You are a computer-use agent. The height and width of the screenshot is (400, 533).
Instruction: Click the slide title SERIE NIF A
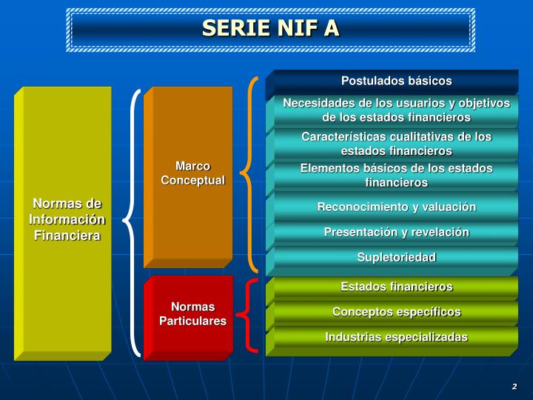coord(270,28)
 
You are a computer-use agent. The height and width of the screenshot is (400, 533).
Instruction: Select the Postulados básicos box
coord(396,81)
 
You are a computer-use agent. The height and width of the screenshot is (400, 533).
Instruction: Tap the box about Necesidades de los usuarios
coord(396,110)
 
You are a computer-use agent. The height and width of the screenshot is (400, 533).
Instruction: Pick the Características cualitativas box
coord(396,144)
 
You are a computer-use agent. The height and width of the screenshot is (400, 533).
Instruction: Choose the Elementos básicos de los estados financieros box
coord(396,175)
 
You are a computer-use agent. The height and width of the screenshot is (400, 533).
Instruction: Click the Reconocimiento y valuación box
coord(396,207)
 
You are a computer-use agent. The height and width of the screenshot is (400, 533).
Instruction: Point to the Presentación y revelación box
coord(396,233)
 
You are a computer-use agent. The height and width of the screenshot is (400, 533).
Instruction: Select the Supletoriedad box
coord(396,257)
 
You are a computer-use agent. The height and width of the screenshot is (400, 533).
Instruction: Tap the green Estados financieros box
coord(396,287)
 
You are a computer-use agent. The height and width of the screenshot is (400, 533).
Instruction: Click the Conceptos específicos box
coord(396,312)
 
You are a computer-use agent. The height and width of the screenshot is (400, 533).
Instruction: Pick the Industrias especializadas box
coord(396,337)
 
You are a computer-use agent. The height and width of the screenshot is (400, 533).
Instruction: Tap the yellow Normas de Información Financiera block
coord(67,219)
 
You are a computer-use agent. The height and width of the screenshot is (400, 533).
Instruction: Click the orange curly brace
coord(254,173)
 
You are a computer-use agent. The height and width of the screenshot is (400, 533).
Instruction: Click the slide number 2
coord(514,387)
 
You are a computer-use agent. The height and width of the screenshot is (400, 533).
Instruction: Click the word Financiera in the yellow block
coord(67,236)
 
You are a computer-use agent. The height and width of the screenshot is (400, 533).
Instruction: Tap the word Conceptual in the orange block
coord(192,181)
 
